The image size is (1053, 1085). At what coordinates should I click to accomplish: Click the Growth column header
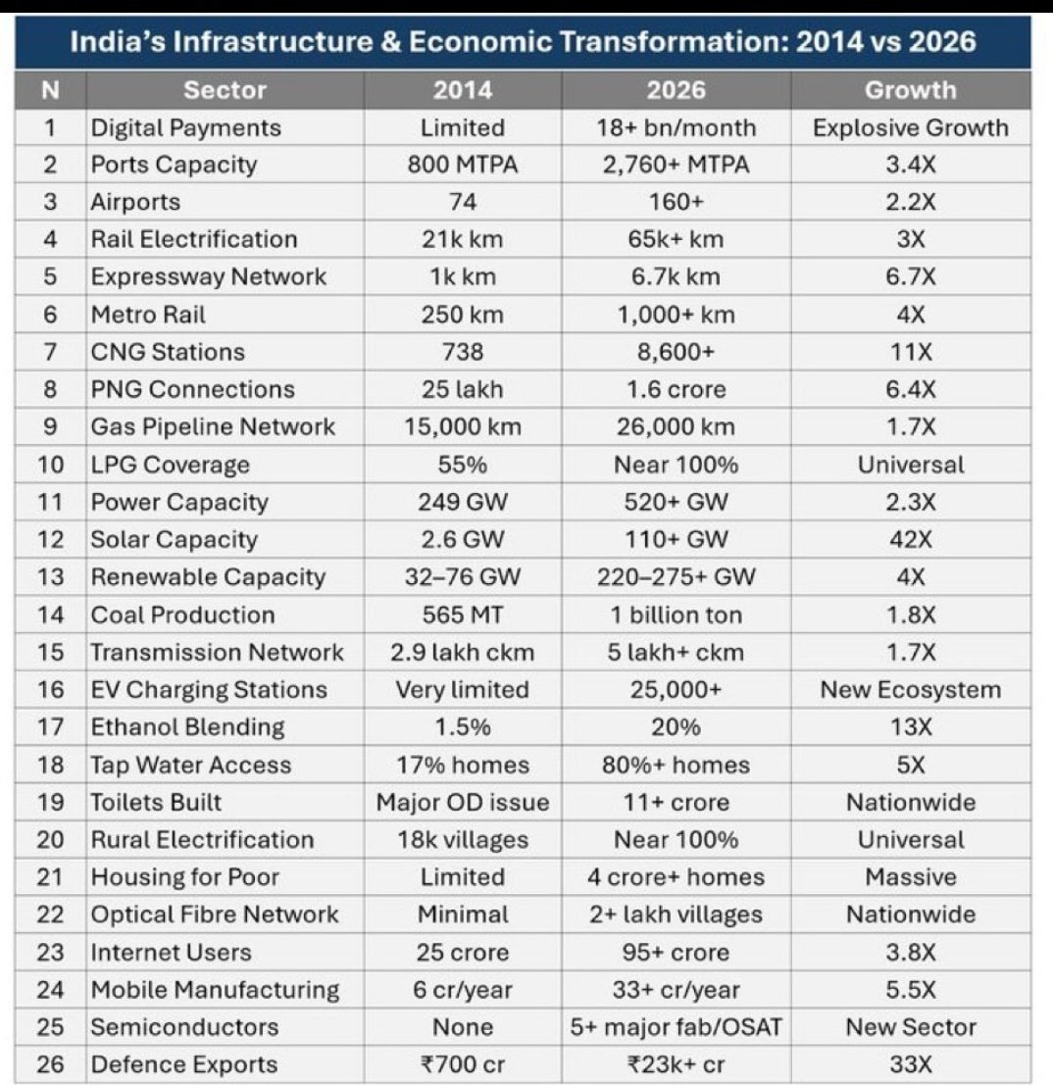pyautogui.click(x=911, y=90)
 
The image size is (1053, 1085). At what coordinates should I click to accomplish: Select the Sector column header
pyautogui.click(x=225, y=90)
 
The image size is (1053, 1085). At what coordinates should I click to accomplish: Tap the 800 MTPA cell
pyautogui.click(x=463, y=165)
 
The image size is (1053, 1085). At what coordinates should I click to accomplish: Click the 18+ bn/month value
pyautogui.click(x=677, y=127)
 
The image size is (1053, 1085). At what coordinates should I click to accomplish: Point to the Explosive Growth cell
pyautogui.click(x=911, y=127)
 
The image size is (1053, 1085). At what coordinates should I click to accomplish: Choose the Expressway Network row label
pyautogui.click(x=209, y=276)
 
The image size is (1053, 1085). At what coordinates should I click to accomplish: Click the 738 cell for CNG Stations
pyautogui.click(x=463, y=352)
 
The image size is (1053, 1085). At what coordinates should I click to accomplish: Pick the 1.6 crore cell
pyautogui.click(x=677, y=389)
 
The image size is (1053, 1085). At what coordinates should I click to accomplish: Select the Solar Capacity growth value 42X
pyautogui.click(x=911, y=539)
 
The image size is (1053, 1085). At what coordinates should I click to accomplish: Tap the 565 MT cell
pyautogui.click(x=463, y=615)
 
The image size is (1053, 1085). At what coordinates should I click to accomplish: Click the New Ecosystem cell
pyautogui.click(x=911, y=689)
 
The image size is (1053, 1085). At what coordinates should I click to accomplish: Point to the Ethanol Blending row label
pyautogui.click(x=187, y=727)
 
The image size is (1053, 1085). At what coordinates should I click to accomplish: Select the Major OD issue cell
pyautogui.click(x=463, y=802)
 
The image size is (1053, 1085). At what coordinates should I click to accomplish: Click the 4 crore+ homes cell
pyautogui.click(x=677, y=876)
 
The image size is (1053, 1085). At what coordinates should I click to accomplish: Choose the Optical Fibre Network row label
pyautogui.click(x=215, y=914)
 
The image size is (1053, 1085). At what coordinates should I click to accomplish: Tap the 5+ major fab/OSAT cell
pyautogui.click(x=677, y=1027)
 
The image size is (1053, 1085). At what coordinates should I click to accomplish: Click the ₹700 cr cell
pyautogui.click(x=463, y=1064)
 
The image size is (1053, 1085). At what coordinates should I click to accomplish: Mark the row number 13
pyautogui.click(x=51, y=577)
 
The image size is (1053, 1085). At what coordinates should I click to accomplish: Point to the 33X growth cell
pyautogui.click(x=911, y=1064)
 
